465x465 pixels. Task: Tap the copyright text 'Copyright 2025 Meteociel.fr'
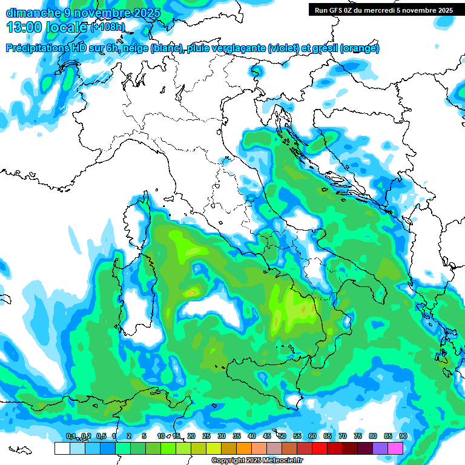[x=257, y=461]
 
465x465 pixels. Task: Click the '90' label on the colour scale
[x=403, y=436]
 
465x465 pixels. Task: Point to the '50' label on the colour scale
[x=282, y=436]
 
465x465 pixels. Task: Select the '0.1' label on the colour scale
[x=71, y=436]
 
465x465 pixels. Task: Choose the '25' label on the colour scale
[x=206, y=436]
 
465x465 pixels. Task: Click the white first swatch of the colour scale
[x=62, y=448]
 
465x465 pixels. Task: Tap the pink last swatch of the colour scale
[x=395, y=448]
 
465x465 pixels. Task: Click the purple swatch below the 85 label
[x=380, y=448]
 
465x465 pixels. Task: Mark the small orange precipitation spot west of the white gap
[x=193, y=292]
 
